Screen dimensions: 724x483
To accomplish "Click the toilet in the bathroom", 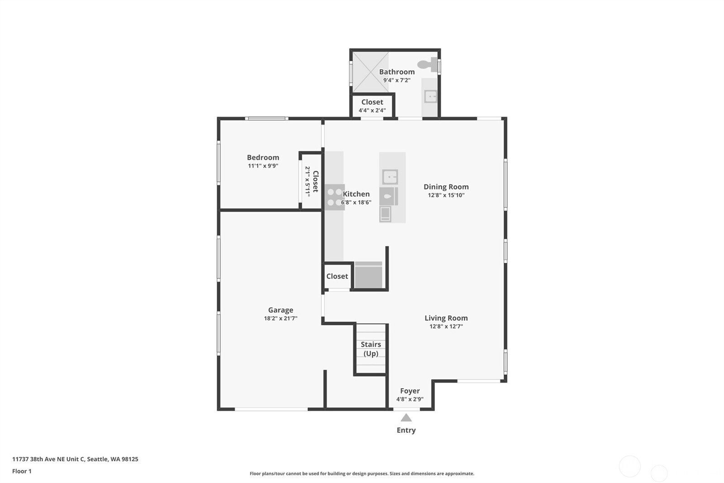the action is point(427,64).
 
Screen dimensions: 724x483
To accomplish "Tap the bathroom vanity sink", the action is point(430,97).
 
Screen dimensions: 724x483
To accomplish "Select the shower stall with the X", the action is point(371,72).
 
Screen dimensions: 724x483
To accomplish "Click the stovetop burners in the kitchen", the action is point(334,197).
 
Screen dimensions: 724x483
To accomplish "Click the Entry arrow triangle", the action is point(406,418).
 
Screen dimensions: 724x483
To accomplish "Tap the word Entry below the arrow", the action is point(406,430).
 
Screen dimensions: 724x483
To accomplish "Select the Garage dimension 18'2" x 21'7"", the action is point(281,318).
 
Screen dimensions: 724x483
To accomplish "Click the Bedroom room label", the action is point(263,157).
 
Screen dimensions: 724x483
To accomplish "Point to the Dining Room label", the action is point(446,187).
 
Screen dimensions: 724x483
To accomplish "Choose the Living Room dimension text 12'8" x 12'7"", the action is point(446,326).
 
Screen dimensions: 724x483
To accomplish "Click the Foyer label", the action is point(410,391).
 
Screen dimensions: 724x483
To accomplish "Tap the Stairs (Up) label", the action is point(371,349).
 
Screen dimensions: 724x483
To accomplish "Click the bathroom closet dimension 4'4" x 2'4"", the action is point(372,111).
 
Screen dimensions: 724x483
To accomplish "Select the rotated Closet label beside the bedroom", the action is point(316,181).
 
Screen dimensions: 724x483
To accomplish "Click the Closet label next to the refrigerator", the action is point(337,276).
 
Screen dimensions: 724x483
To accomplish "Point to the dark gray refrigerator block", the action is point(368,275).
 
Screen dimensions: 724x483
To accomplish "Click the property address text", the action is point(75,459).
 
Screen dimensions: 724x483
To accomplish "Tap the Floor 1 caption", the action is point(22,471).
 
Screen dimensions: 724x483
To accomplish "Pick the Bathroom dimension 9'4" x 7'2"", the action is point(397,80).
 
